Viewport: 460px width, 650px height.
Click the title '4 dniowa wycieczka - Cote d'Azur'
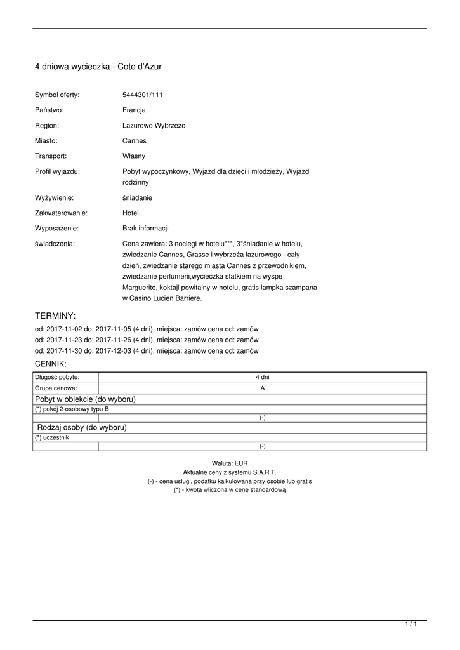tap(98, 66)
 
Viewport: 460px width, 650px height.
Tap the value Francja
tap(134, 110)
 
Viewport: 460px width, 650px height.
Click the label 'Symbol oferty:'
tap(57, 95)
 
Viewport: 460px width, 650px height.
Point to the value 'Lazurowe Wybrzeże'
tap(154, 126)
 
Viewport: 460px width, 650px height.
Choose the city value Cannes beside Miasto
tap(134, 141)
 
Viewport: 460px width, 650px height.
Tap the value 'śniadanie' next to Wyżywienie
tap(137, 197)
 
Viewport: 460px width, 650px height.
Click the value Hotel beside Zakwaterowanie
tap(131, 213)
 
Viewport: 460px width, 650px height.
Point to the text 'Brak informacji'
tap(145, 228)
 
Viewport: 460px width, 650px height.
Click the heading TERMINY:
tap(55, 315)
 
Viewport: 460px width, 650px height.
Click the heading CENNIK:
tap(50, 364)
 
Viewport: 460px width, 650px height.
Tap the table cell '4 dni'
tap(262, 377)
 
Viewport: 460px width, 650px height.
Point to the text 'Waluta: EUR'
tap(230, 464)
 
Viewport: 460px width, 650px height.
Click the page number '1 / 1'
tap(411, 625)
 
